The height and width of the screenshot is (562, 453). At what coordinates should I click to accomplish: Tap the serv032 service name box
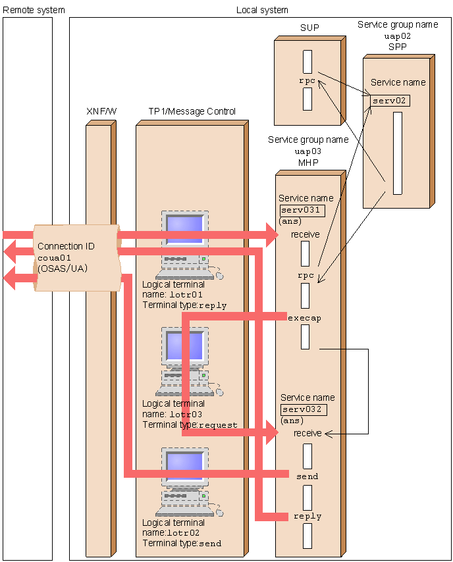303,409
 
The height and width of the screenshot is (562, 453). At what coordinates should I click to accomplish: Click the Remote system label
34,10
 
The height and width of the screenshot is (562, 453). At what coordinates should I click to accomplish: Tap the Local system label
262,10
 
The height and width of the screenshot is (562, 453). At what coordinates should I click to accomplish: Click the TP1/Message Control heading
192,112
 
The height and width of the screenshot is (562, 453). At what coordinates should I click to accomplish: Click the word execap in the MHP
304,318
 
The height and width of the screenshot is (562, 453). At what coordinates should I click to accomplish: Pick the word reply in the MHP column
307,517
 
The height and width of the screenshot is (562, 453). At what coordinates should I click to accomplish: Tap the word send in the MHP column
307,476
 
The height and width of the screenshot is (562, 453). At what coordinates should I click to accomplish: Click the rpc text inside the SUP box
307,82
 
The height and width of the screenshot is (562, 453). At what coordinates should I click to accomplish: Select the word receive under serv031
305,234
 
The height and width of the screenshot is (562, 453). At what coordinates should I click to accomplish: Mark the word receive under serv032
307,434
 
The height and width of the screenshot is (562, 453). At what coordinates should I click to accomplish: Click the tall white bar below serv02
397,153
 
